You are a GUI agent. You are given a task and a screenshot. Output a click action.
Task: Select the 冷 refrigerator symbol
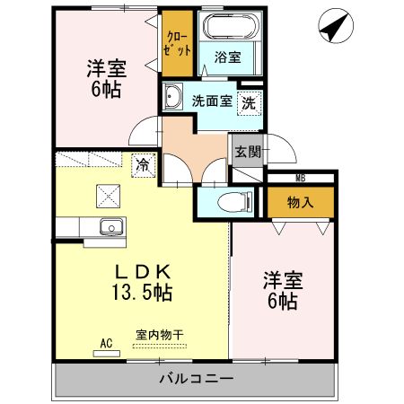click(x=143, y=164)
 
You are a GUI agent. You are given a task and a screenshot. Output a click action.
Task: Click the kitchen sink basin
click(x=111, y=225)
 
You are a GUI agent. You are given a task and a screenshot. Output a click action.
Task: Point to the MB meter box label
click(x=301, y=178)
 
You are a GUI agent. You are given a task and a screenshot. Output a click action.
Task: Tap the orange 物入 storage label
click(x=301, y=202)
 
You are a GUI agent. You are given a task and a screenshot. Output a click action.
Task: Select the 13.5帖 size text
click(x=142, y=292)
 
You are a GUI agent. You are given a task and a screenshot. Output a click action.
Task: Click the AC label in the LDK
click(x=106, y=343)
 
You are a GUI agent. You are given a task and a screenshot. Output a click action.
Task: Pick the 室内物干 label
click(x=160, y=335)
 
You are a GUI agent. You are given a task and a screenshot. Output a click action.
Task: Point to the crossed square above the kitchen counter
click(x=110, y=193)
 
